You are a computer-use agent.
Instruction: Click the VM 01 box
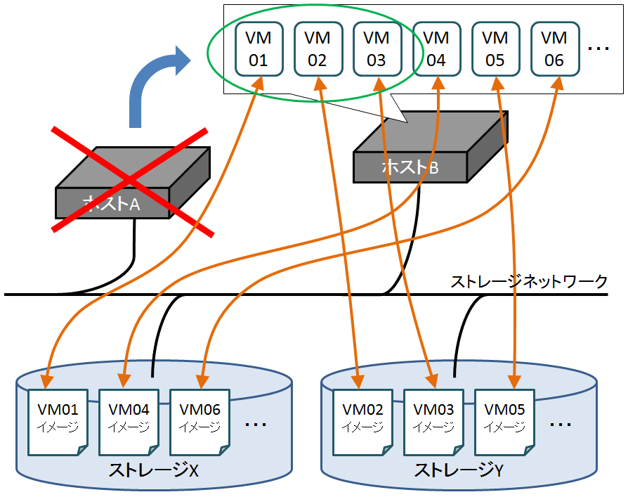point(259,49)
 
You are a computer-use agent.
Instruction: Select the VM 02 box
point(318,49)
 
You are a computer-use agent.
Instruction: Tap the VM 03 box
point(377,49)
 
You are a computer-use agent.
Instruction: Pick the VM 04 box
point(436,49)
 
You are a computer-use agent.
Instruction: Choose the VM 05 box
point(495,49)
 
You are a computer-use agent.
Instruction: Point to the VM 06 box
point(554,49)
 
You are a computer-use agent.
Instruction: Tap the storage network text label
point(528,282)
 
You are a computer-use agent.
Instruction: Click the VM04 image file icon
point(129,419)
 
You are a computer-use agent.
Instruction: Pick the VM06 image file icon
point(200,419)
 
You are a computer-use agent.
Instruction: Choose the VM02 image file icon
point(362,419)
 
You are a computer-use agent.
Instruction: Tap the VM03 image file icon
point(433,419)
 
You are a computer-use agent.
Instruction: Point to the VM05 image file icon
point(505,419)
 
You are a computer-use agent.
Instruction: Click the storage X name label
point(153,472)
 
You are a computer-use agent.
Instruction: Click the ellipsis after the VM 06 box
point(598,49)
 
